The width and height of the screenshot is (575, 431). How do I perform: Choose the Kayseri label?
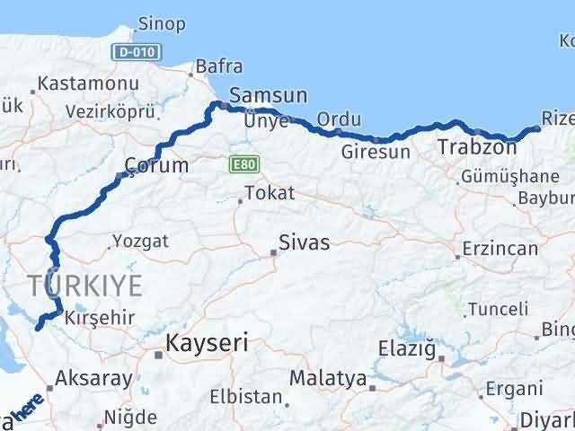[207, 342]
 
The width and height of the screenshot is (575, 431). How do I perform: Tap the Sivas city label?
[304, 242]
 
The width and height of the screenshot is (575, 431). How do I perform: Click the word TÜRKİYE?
[85, 286]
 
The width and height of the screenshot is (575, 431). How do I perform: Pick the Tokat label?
[267, 192]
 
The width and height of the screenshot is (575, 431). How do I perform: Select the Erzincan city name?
[499, 249]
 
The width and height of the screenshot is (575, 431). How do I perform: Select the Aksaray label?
[93, 379]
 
